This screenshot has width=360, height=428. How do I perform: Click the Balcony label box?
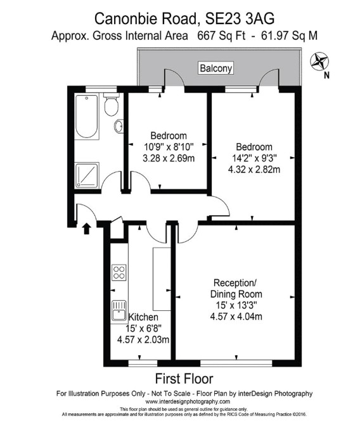(x=215, y=68)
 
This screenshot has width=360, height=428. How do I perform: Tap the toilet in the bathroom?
(x=112, y=104)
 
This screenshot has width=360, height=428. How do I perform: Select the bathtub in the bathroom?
(x=87, y=116)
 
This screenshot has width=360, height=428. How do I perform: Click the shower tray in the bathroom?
(x=87, y=175)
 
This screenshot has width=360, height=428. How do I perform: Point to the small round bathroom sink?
(x=119, y=127)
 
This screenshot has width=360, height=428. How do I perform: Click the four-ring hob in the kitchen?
(x=119, y=272)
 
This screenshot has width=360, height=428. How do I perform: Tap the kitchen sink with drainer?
(x=119, y=310)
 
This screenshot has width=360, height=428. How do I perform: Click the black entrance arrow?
(x=86, y=229)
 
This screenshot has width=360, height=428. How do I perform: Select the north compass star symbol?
(x=319, y=61)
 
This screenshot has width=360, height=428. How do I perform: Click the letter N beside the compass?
(x=326, y=75)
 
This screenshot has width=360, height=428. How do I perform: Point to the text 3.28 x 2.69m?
(x=169, y=158)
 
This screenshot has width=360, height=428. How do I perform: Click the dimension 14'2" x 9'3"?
(x=254, y=158)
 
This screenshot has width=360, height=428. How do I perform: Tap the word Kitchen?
(x=143, y=317)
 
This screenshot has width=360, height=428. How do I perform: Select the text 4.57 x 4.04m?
(x=236, y=317)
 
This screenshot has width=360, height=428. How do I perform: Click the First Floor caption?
(x=184, y=379)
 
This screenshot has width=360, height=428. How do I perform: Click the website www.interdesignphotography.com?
(x=188, y=401)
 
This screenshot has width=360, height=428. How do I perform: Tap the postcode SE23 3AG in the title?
(x=240, y=19)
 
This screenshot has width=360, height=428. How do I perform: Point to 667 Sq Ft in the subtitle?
(x=221, y=35)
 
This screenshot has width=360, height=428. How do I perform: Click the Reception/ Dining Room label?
(x=236, y=288)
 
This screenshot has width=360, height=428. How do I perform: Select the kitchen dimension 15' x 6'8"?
(x=143, y=329)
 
